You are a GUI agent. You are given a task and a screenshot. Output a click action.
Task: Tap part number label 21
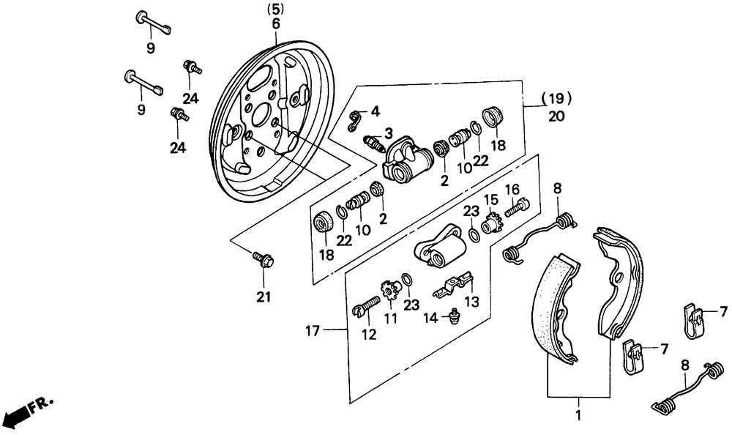(264, 297)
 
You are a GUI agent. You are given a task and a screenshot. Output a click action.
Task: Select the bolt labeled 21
(264, 259)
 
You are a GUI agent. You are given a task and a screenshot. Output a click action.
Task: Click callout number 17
(313, 331)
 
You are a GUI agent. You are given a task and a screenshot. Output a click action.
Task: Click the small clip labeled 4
(356, 120)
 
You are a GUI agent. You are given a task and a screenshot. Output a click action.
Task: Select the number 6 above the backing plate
(276, 23)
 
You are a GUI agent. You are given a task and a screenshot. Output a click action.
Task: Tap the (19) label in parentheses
(556, 99)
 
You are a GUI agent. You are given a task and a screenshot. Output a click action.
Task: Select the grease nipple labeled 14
(453, 317)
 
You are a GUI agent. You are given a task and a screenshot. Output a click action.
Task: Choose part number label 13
(472, 301)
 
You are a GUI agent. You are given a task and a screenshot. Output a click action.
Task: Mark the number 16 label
(512, 189)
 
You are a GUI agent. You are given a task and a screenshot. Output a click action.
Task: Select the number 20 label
(556, 116)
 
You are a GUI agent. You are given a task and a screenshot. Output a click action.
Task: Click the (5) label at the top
(275, 8)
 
